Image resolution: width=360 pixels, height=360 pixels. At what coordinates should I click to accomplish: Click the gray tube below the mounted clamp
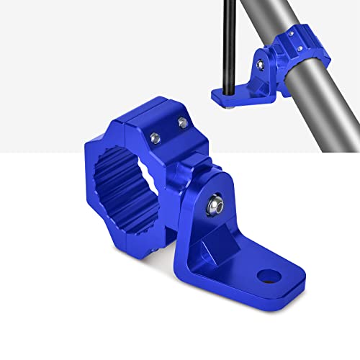pos(324,108)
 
